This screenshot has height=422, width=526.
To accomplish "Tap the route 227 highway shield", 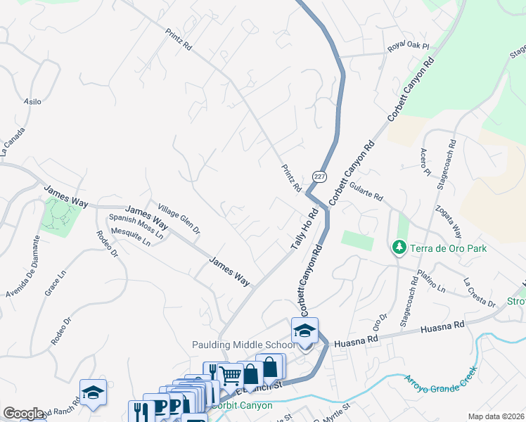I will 319,177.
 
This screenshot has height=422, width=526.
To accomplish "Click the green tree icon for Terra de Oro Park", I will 399,248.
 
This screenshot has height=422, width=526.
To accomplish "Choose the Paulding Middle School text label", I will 244,345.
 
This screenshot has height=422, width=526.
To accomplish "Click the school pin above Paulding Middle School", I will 304,331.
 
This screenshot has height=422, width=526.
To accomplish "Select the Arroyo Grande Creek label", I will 440,380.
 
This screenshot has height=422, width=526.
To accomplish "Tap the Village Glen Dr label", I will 179,219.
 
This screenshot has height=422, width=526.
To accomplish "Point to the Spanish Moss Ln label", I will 136,226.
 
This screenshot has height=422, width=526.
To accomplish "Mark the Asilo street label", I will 33,102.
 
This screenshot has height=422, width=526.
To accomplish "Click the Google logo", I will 23,414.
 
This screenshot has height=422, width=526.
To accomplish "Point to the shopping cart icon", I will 230,375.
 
